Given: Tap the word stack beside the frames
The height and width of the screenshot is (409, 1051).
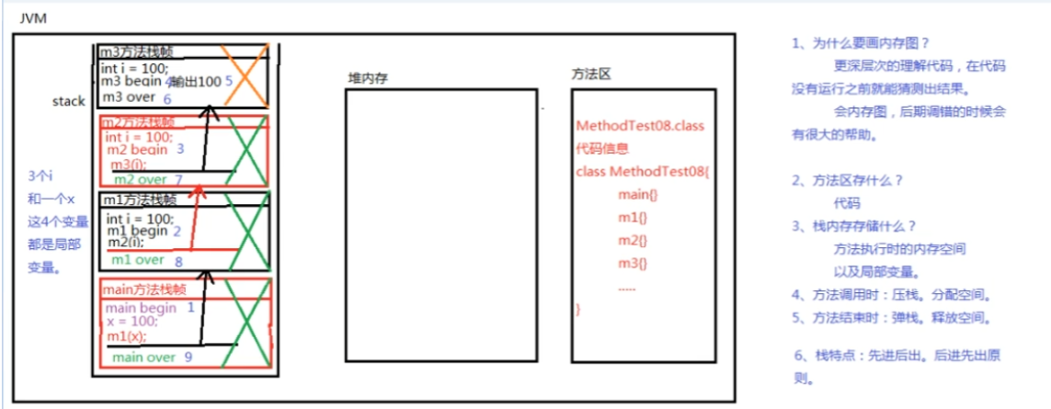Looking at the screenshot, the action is coord(69,101).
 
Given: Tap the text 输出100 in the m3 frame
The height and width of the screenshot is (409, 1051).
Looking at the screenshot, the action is coord(196,83).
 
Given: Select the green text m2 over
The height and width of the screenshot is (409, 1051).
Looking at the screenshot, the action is coord(143,179).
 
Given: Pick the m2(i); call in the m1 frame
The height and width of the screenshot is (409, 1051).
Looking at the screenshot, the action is coord(126,242).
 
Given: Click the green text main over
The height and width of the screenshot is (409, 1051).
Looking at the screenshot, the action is coord(144,357).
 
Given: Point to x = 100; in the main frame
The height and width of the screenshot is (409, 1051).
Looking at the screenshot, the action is coord(131,322).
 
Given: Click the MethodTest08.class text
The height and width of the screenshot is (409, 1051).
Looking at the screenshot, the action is coord(639,126).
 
